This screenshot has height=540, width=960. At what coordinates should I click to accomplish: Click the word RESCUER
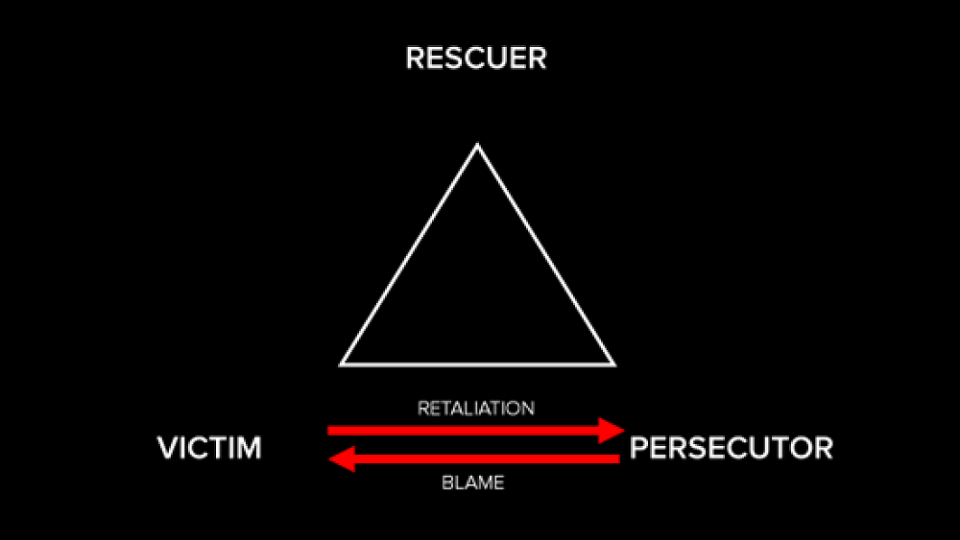[476, 59]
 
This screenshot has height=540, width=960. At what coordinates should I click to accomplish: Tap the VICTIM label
[209, 448]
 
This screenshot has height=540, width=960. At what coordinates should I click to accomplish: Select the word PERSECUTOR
[731, 448]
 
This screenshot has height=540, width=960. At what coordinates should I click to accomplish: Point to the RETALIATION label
[476, 409]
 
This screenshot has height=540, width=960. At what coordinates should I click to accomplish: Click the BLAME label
[472, 483]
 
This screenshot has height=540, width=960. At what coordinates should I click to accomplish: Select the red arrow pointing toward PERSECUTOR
[470, 431]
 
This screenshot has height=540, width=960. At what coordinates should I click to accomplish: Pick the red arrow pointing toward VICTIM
[480, 460]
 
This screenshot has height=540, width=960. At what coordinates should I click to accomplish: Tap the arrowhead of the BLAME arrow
[342, 460]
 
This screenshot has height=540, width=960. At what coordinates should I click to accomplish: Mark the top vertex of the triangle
[477, 145]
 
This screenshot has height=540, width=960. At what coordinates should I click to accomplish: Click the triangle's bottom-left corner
[342, 364]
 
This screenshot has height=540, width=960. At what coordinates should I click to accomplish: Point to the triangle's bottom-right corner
[612, 364]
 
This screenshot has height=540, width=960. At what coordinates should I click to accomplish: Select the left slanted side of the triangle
[410, 254]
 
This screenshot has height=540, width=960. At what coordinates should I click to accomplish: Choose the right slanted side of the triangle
[544, 254]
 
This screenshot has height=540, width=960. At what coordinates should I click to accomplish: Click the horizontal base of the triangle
[477, 364]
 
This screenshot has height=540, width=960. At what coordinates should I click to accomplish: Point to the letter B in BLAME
[446, 483]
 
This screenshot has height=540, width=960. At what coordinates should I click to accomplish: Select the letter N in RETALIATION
[528, 409]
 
